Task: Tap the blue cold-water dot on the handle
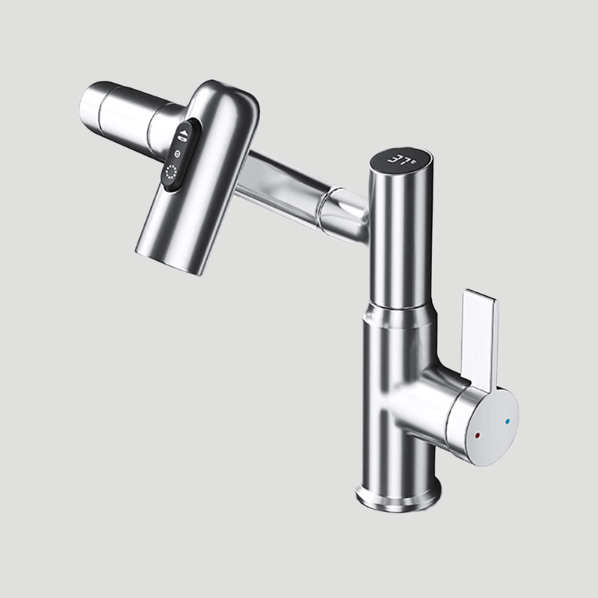(x=508, y=422)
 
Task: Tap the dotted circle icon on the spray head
(x=170, y=174)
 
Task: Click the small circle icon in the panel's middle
(x=177, y=154)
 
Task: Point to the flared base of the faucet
(x=396, y=494)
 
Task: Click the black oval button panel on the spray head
(x=178, y=155)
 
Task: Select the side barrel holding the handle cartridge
(x=426, y=404)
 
